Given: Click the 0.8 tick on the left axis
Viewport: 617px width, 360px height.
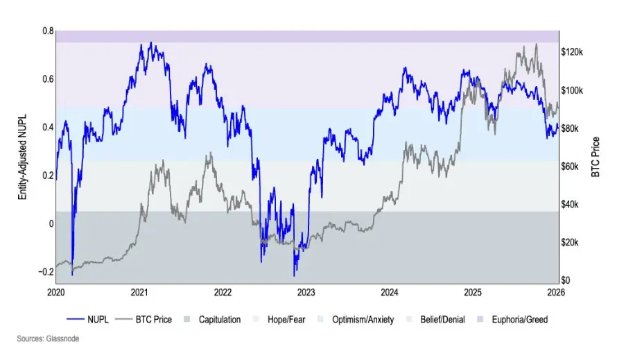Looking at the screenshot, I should [x=48, y=31].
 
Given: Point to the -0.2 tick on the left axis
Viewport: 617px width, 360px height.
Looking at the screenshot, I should [x=46, y=271].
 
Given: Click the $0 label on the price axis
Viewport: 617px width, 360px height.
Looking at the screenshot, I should [x=566, y=280].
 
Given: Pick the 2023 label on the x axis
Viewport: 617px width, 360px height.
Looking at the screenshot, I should [x=306, y=293].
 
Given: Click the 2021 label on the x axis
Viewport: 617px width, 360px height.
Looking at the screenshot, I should [x=140, y=293].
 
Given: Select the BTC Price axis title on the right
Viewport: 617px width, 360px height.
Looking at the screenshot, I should [x=595, y=156].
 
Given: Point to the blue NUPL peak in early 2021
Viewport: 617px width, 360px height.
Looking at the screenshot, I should [x=151, y=43].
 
